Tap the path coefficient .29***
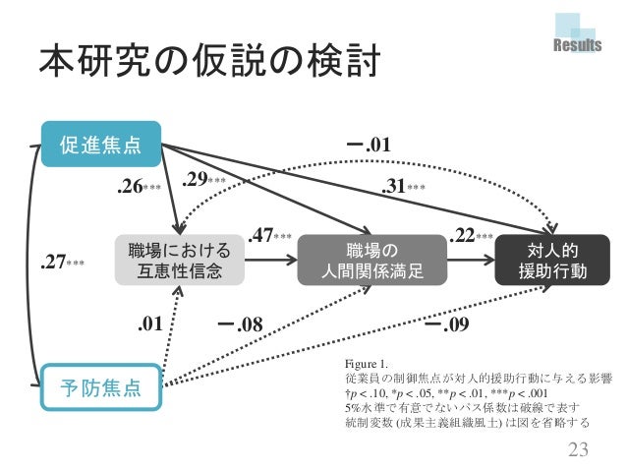[x=204, y=180]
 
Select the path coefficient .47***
[x=269, y=236]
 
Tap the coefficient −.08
[x=241, y=322]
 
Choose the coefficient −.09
[x=447, y=322]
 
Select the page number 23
[x=583, y=450]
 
